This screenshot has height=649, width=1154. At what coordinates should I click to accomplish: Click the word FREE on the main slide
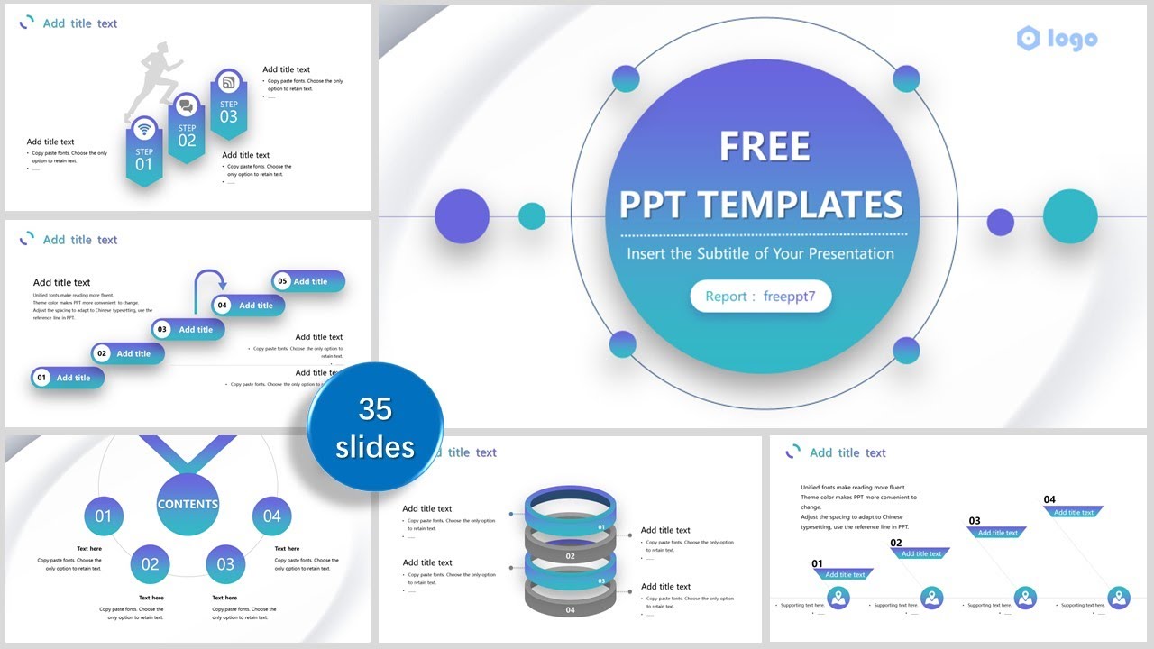point(765,147)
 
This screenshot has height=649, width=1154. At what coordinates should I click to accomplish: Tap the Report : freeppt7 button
point(760,297)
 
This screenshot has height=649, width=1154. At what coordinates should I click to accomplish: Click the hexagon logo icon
point(1028,38)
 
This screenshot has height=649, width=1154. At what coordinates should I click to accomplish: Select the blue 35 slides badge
point(375,427)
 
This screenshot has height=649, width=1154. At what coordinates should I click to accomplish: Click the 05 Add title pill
point(308,281)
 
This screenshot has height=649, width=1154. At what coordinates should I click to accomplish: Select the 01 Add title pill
point(68,378)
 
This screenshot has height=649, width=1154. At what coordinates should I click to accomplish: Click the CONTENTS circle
point(188,504)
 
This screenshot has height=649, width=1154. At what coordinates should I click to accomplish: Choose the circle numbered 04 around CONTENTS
point(271,516)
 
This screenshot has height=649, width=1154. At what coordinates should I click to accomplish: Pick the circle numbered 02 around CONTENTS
point(150,564)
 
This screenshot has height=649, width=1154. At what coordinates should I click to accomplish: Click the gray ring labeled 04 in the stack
point(570,606)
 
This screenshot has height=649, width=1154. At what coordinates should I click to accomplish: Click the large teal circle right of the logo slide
point(1070,217)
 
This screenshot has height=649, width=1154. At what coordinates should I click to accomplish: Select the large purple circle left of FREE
point(462,216)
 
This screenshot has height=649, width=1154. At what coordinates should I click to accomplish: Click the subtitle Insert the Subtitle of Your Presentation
point(760,253)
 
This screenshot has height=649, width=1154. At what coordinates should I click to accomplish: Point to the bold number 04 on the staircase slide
point(1049,499)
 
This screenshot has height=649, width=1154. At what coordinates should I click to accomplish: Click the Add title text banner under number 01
point(844,574)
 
